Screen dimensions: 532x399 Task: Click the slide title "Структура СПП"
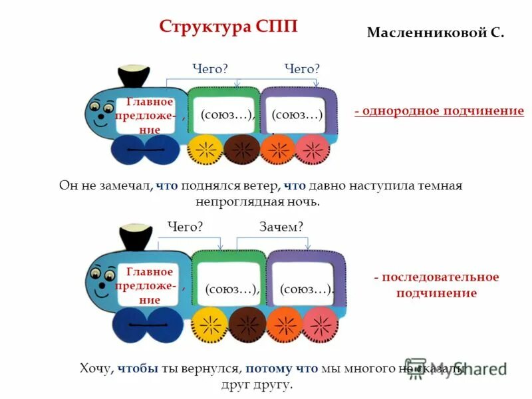pos(228,27)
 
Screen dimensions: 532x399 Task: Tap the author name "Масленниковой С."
pos(436,32)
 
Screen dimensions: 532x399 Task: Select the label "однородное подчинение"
pos(439,111)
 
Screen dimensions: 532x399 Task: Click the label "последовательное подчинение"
pos(436,285)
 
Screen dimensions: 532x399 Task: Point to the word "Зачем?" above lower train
pos(281,227)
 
